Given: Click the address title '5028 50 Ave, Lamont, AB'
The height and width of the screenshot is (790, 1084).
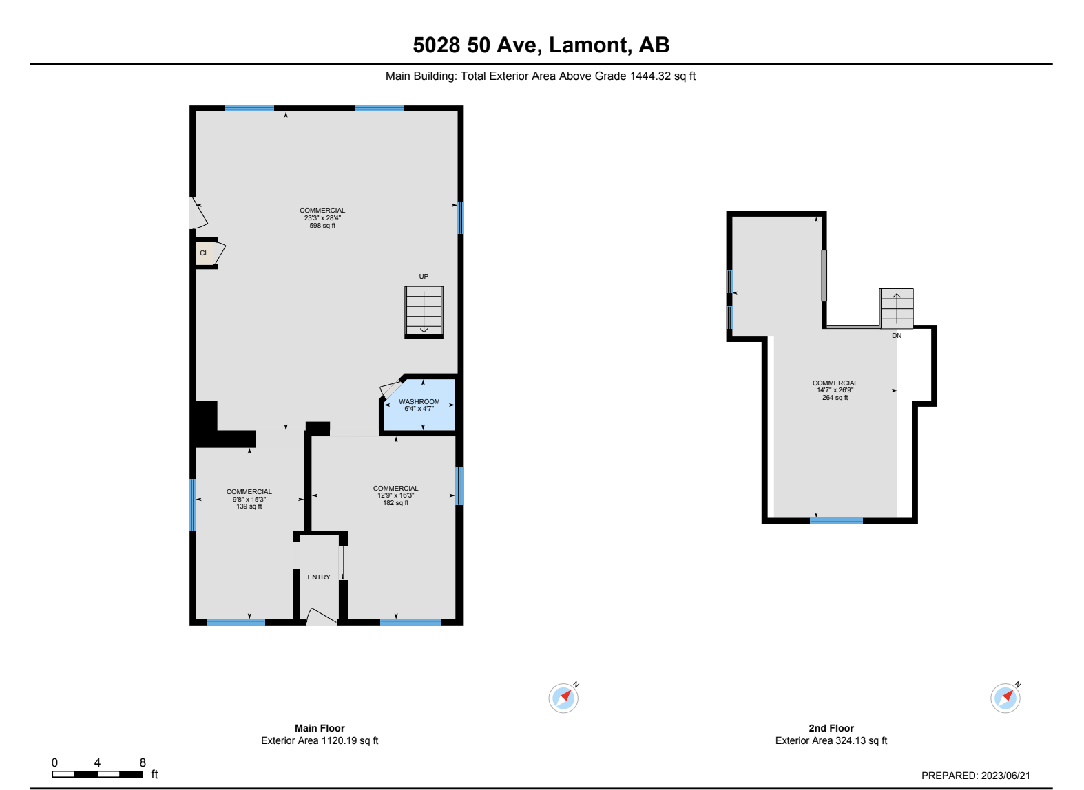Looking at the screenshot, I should point(541,45).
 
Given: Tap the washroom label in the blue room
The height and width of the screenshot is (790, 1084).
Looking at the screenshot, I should point(419,402).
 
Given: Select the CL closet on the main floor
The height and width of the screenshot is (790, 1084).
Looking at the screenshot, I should point(204,253).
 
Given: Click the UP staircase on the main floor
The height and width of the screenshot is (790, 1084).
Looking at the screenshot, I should point(424,312).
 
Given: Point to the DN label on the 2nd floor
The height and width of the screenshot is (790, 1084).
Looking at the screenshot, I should point(897,336).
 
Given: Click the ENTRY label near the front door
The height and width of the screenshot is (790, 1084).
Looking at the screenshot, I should point(319,577).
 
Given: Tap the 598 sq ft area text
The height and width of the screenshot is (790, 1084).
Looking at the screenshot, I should point(322,226).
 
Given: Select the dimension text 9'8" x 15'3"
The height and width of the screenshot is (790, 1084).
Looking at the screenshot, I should point(249,500).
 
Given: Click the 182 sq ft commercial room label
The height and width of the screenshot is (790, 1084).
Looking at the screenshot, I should point(395,503).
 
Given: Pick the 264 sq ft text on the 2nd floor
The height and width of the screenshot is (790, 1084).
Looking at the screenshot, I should point(835,398).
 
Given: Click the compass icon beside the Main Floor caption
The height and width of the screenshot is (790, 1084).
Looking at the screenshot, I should point(563,698).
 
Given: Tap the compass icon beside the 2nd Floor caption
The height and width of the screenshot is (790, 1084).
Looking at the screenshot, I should point(1005,698).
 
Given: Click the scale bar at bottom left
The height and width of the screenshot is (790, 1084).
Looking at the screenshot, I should point(98,774).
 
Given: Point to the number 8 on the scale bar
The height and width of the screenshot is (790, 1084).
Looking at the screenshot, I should point(143,762).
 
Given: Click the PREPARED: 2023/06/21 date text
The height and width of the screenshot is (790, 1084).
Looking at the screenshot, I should point(975,776).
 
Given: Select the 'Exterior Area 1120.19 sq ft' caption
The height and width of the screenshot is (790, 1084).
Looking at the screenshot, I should point(320,740).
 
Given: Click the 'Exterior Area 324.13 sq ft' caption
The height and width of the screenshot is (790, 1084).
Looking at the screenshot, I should point(831,740).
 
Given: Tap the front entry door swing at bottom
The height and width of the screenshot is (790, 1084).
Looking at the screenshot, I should point(320,617).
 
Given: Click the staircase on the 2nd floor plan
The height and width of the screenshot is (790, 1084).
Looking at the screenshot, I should point(896,308).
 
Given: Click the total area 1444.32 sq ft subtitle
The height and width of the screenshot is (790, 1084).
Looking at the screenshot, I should point(541,76).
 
